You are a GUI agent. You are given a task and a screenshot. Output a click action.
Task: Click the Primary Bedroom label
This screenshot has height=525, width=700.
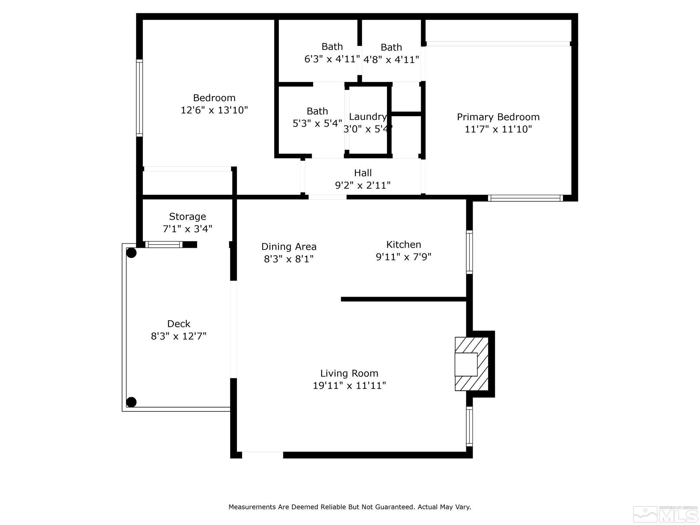point(498,117)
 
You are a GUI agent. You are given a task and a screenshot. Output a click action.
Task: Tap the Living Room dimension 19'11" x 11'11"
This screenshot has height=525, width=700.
point(349,386)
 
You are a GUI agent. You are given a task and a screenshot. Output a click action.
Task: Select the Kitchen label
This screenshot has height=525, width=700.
point(403,244)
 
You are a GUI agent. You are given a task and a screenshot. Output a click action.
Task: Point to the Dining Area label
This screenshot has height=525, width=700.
point(289,246)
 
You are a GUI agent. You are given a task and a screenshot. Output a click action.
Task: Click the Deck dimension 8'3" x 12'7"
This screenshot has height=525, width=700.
point(179,336)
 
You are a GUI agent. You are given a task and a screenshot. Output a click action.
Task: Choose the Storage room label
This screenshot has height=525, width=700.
point(187,216)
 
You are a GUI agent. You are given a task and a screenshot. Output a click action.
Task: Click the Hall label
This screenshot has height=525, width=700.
point(363,173)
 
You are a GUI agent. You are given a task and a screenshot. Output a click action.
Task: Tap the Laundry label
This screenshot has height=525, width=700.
point(368,117)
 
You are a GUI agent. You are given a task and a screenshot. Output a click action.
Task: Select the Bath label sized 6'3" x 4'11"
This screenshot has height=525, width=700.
point(332,46)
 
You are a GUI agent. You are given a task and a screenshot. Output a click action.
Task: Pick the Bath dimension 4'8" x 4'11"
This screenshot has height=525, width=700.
point(391,60)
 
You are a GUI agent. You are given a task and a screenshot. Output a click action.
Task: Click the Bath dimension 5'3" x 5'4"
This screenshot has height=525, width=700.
point(317,123)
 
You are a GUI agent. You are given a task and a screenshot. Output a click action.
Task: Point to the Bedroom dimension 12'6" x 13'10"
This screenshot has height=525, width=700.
point(214,110)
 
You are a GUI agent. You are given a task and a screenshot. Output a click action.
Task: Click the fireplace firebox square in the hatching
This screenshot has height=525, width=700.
point(466,364)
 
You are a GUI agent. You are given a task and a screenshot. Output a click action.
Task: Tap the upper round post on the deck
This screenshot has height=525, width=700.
point(132,253)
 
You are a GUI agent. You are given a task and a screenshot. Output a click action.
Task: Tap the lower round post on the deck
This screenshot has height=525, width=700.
point(132,402)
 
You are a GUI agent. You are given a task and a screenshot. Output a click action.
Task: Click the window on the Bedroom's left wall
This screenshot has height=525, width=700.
point(139,98)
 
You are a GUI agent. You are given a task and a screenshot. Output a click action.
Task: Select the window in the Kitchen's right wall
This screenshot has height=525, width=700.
point(470,252)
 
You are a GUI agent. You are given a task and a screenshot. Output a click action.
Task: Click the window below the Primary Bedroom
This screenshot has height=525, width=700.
point(525,198)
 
